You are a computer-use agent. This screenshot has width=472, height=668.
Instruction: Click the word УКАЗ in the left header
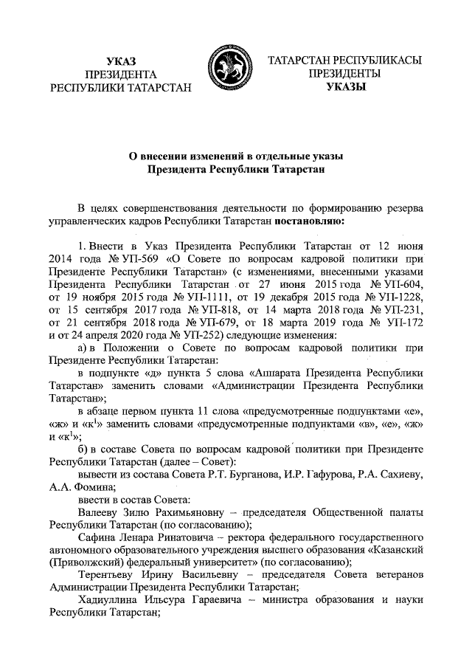pos(121,61)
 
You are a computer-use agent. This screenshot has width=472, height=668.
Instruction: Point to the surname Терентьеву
pos(108,578)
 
